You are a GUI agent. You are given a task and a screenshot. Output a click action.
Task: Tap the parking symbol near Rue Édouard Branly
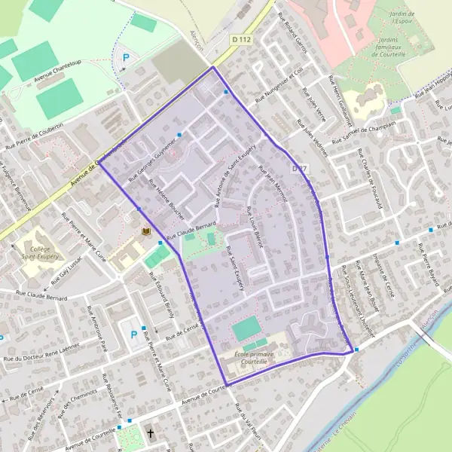[x=135, y=334]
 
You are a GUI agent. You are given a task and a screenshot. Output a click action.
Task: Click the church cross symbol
[x=151, y=433]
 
